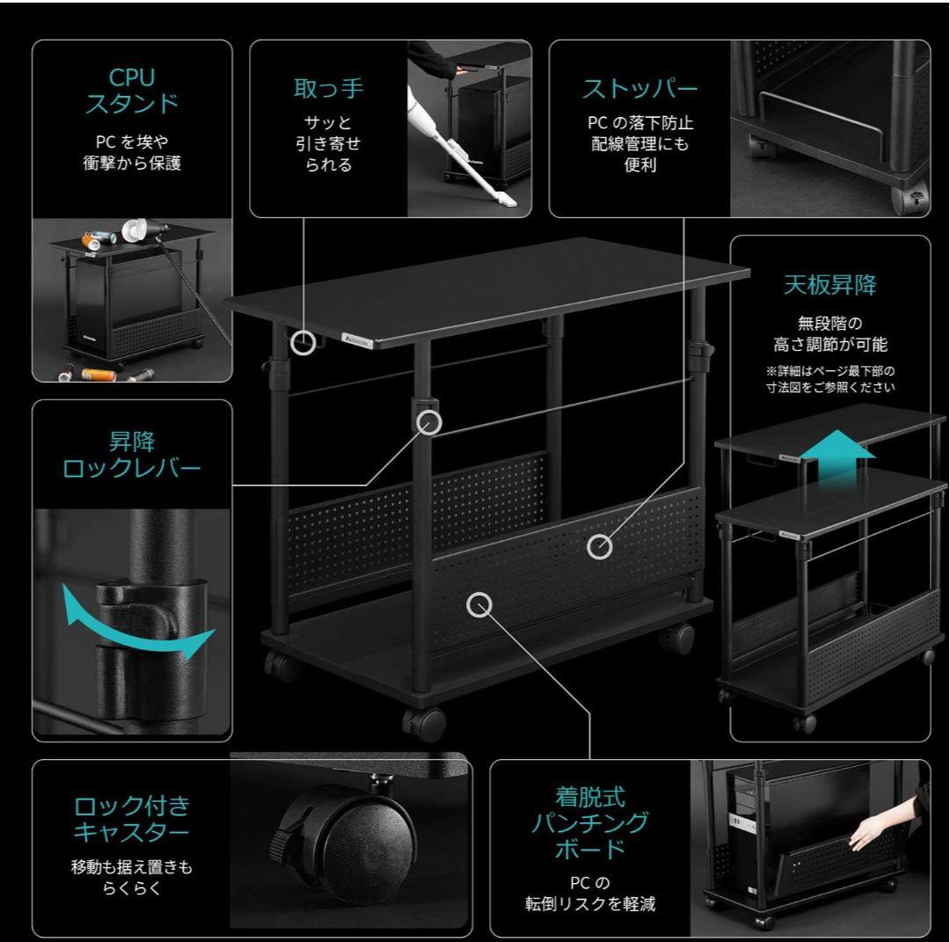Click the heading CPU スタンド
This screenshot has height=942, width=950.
click(x=132, y=91)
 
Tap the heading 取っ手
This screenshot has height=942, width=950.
click(x=328, y=89)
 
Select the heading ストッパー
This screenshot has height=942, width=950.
click(x=639, y=89)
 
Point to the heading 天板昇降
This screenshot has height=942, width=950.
click(x=830, y=285)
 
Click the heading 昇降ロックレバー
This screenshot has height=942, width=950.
click(x=132, y=455)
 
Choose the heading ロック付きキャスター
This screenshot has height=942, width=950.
click(x=132, y=819)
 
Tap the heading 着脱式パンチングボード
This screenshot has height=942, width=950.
click(x=590, y=822)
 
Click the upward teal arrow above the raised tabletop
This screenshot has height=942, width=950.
click(x=837, y=455)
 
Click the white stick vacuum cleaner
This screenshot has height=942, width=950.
click(x=460, y=149)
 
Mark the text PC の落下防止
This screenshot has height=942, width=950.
click(x=639, y=123)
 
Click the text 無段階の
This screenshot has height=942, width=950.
click(x=830, y=323)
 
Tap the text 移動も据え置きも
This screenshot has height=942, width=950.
click(x=132, y=867)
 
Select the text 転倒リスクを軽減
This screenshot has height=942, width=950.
click(x=590, y=904)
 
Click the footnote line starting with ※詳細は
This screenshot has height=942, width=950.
click(x=830, y=371)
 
